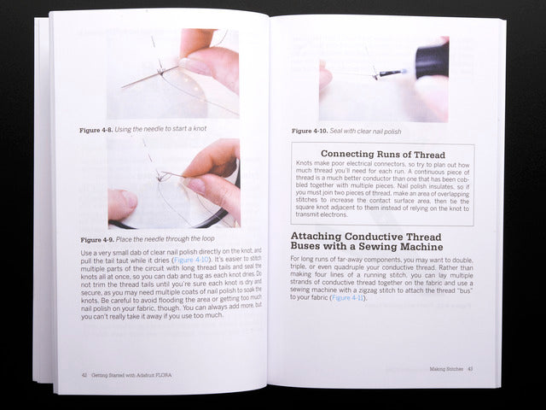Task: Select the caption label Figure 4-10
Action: pos(311,132)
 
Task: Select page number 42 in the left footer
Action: pos(84,374)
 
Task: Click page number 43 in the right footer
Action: pos(470,369)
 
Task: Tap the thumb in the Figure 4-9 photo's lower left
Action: pos(122,206)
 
